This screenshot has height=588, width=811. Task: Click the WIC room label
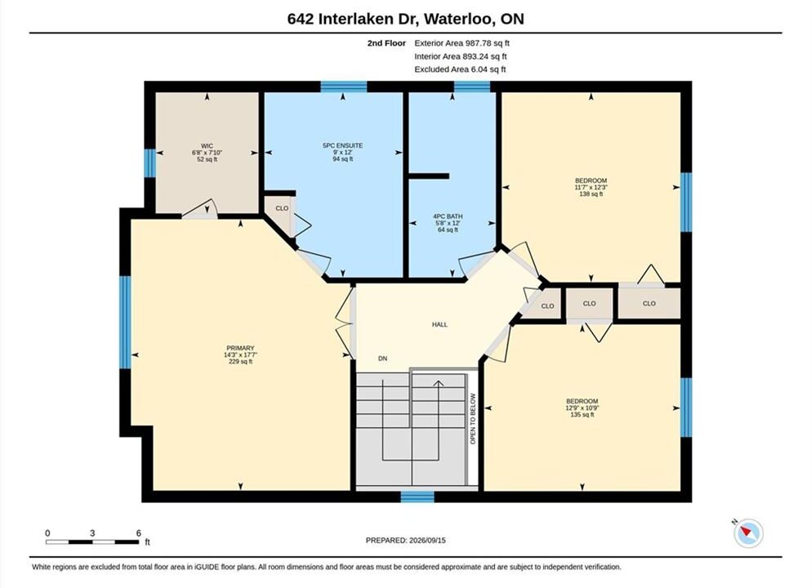coord(207,146)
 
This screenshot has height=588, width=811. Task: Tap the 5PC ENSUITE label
coord(342,146)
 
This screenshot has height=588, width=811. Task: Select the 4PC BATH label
coord(448,216)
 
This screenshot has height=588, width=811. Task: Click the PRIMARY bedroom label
coord(240,348)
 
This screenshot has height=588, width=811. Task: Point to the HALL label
coord(439,325)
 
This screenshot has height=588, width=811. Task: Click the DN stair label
coord(383,359)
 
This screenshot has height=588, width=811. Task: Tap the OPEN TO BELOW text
coord(473,419)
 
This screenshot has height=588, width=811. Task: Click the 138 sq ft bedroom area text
coord(591,194)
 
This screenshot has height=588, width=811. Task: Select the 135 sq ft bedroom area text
coord(582,415)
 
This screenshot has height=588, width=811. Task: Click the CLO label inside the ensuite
coord(282,208)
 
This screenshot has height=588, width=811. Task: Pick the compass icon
coord(748,532)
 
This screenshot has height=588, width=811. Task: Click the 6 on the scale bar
coord(139,533)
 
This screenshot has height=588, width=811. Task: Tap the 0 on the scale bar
coord(47,533)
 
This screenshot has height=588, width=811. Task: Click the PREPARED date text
coord(405,541)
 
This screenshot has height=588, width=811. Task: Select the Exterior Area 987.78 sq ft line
coord(462,43)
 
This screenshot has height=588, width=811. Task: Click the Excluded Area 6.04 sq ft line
coord(461,69)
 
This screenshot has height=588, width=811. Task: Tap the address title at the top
coord(405,19)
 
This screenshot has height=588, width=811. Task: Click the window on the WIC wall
coord(149,163)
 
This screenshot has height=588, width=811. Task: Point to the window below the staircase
coord(417,497)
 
